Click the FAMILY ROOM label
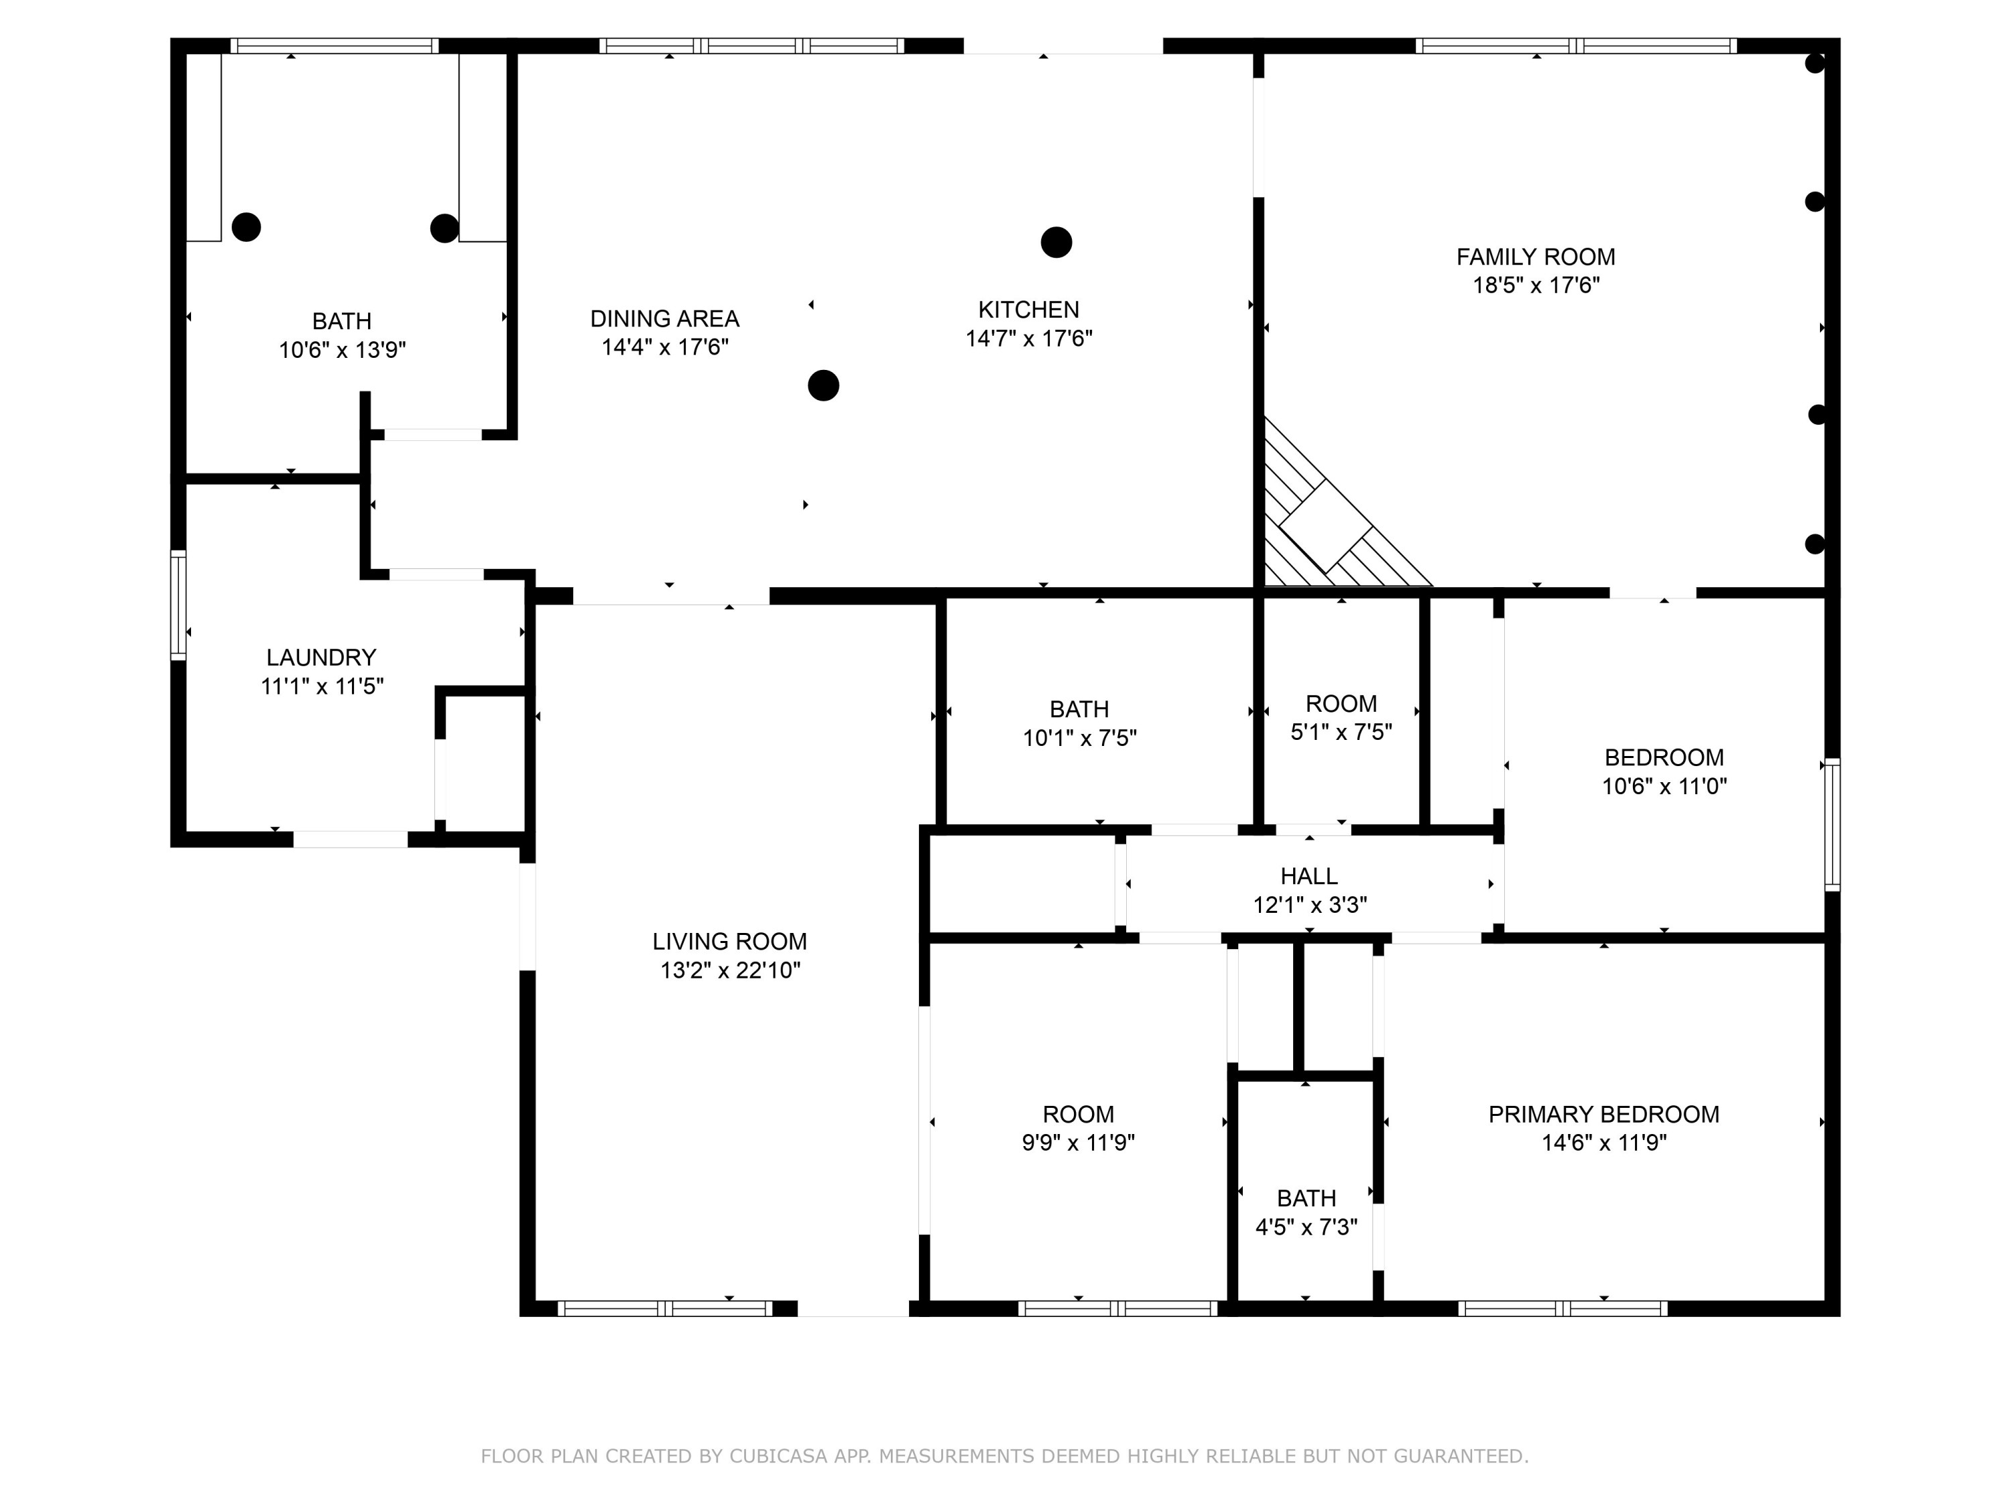(x=1536, y=257)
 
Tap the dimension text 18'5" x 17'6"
(x=1536, y=286)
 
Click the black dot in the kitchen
(x=1056, y=243)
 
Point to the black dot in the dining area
(x=822, y=385)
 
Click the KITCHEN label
(x=1028, y=310)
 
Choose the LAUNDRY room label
(x=321, y=657)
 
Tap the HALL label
(x=1308, y=876)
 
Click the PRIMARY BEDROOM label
(x=1603, y=1115)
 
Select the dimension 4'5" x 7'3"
(x=1306, y=1227)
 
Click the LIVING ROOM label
(x=729, y=942)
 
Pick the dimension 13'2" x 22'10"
(x=729, y=970)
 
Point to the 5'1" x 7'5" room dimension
(x=1341, y=732)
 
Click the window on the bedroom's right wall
(x=1832, y=824)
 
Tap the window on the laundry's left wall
(x=179, y=605)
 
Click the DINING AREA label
(x=664, y=319)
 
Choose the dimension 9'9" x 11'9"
(x=1077, y=1143)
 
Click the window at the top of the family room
(x=1575, y=46)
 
